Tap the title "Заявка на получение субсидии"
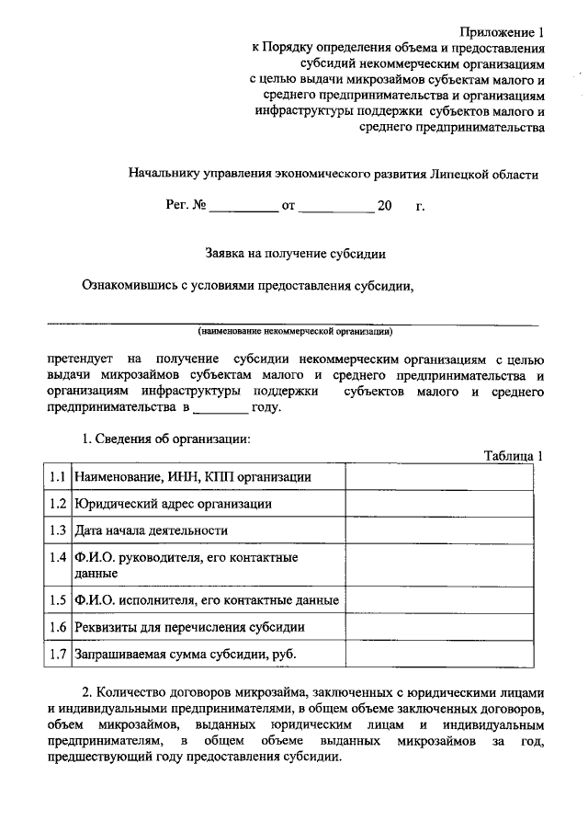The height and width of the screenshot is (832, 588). [x=294, y=251]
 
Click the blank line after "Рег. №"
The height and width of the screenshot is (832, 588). [x=243, y=207]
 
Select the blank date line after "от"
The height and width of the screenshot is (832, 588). [x=336, y=207]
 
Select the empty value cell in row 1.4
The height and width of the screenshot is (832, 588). [x=437, y=564]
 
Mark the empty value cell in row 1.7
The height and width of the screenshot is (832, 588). [x=437, y=655]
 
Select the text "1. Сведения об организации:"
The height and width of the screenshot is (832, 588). [x=166, y=439]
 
